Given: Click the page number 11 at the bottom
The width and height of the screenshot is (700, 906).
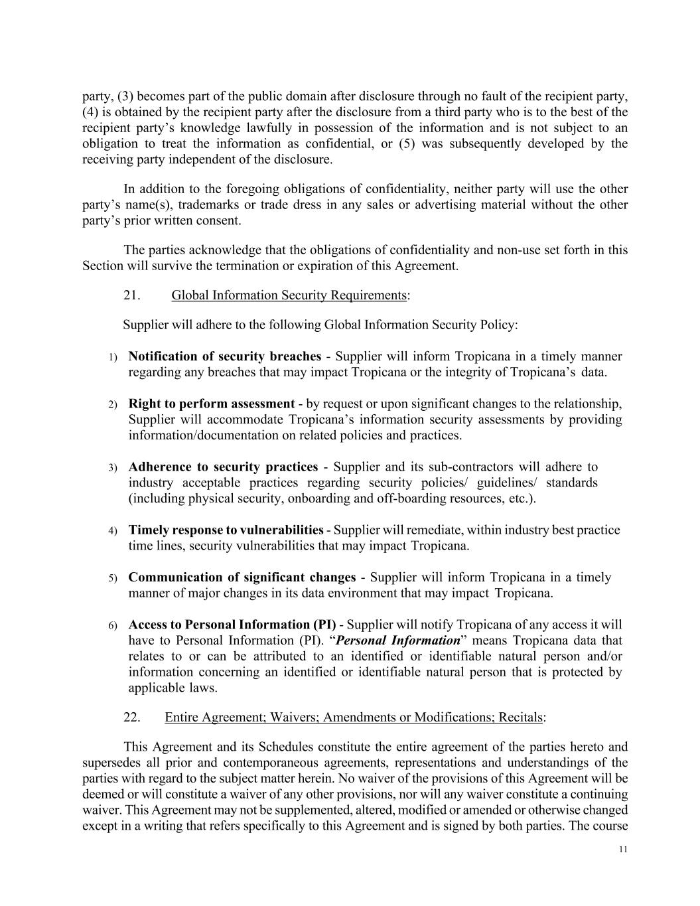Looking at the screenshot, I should (x=622, y=849).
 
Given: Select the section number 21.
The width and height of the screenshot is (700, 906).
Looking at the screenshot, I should (x=131, y=295).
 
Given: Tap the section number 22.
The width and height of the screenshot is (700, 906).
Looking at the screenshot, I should (x=131, y=717).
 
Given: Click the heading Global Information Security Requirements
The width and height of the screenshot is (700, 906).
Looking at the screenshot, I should (x=289, y=295).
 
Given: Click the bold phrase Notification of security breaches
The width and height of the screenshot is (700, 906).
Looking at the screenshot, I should (x=224, y=356).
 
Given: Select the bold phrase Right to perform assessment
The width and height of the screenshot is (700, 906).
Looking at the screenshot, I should (x=211, y=404).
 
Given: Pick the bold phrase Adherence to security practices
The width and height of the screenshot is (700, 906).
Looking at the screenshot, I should (x=223, y=467).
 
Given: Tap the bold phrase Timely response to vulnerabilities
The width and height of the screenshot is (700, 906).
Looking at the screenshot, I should (x=226, y=530).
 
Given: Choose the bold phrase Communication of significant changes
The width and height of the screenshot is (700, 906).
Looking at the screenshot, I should (x=242, y=577).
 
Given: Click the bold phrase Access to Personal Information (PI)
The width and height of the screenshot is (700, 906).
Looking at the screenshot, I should (x=232, y=625).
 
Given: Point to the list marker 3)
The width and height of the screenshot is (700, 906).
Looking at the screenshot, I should (x=113, y=468).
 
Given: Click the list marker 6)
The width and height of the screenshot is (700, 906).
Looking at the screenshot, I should (x=113, y=626).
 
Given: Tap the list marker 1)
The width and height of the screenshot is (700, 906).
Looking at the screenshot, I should (x=113, y=357).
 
